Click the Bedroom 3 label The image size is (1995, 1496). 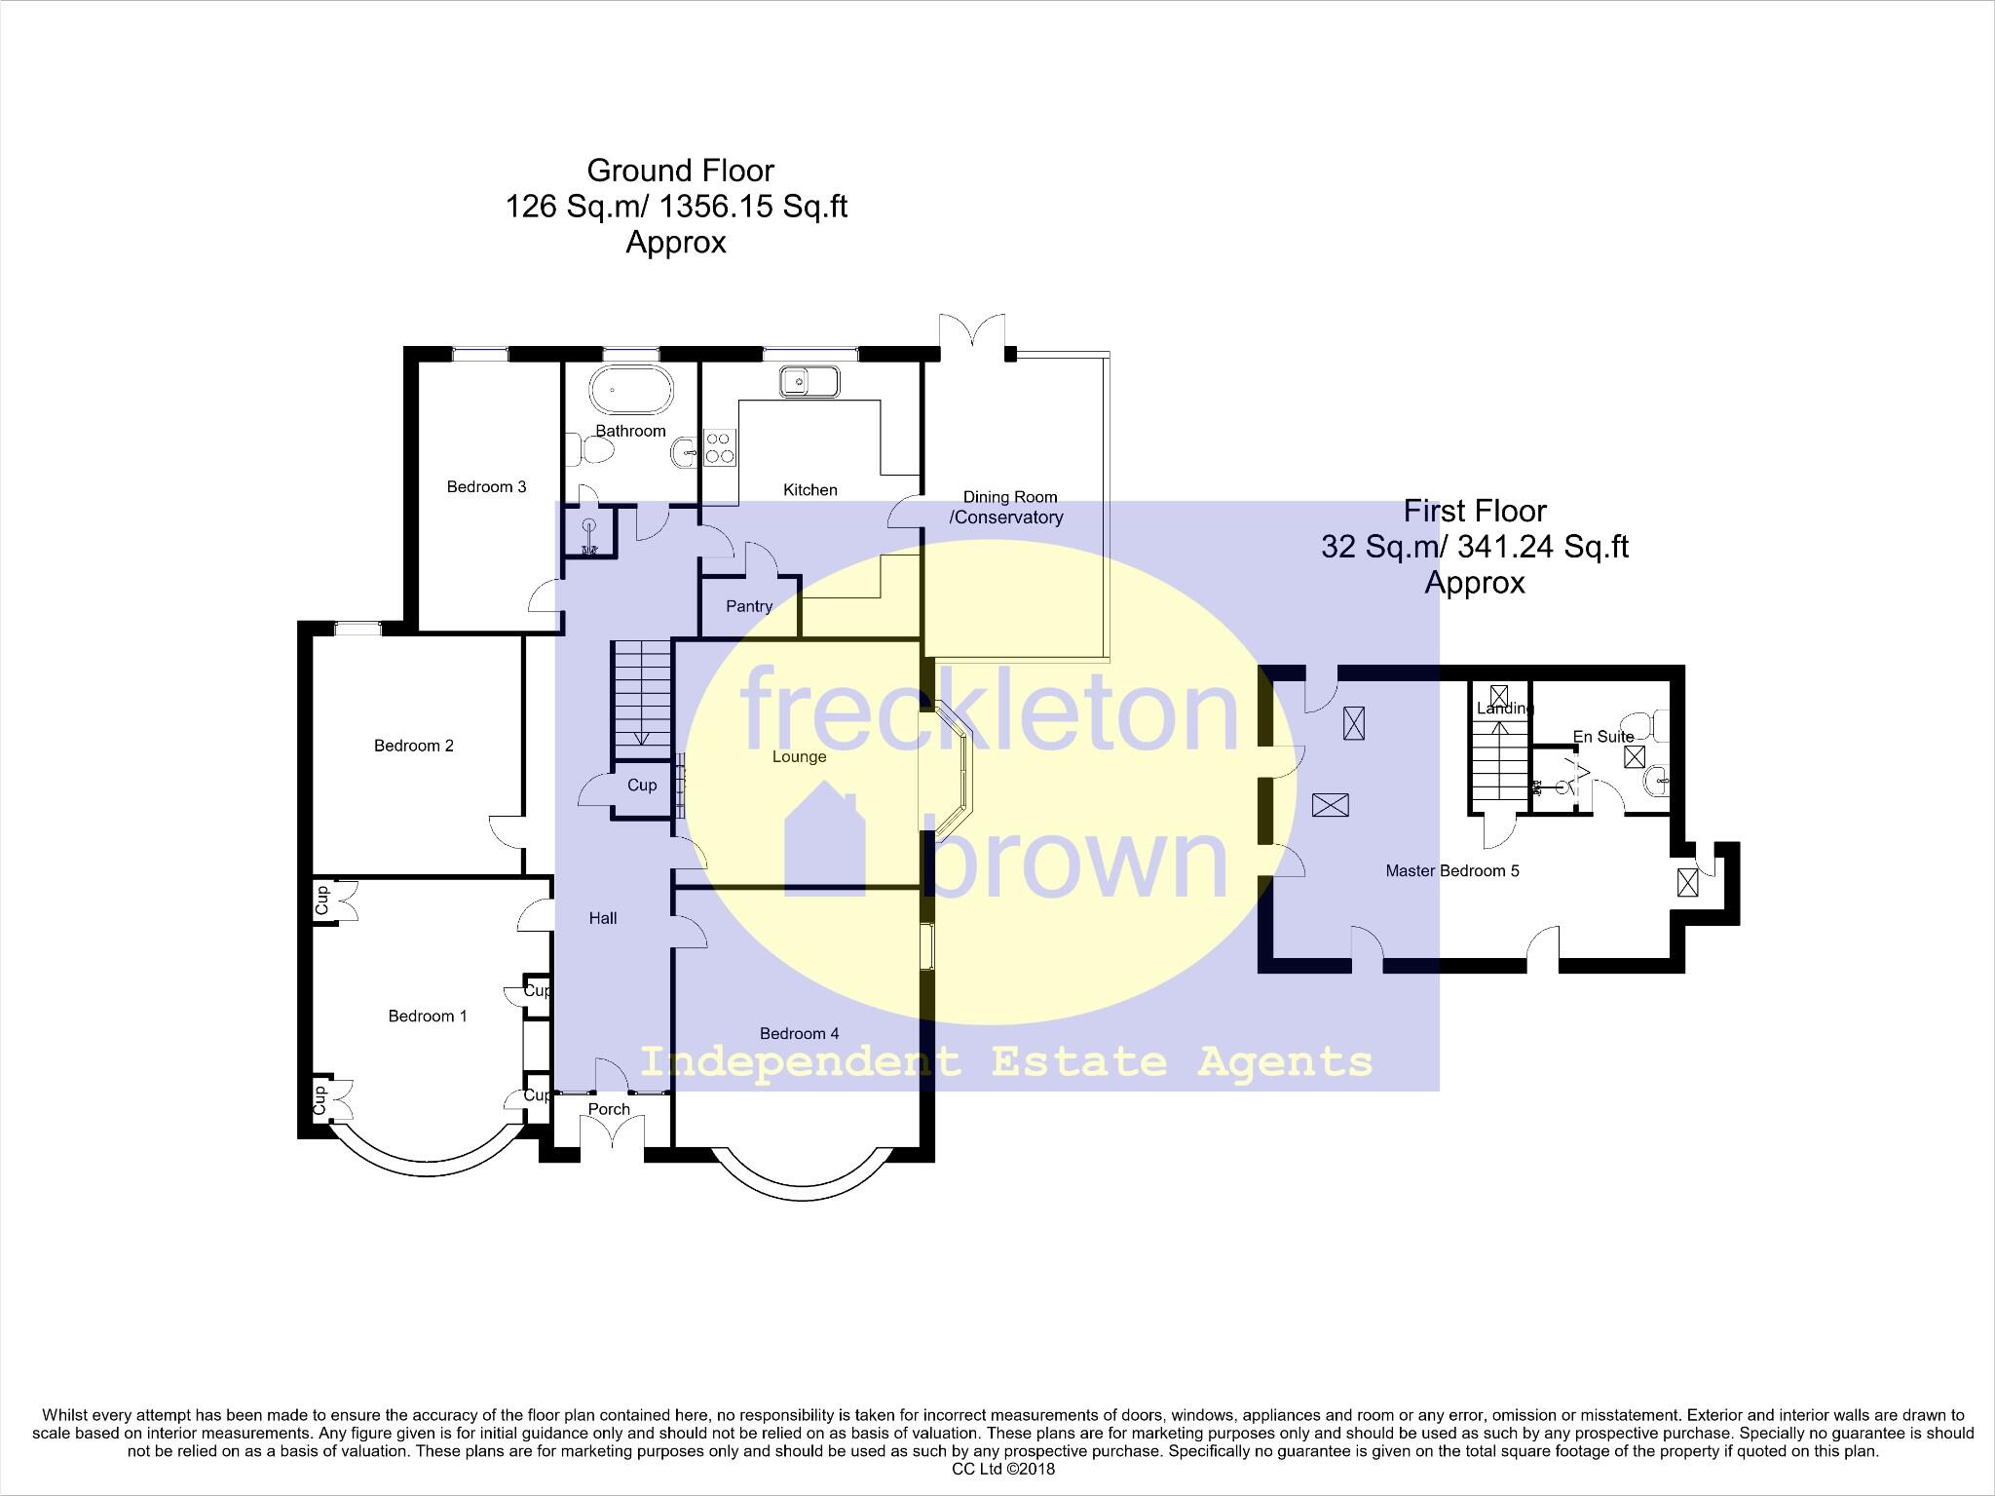[x=486, y=487]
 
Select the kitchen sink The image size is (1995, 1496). [x=809, y=381]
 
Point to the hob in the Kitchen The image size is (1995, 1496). [x=719, y=447]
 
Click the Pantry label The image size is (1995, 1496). [x=749, y=606]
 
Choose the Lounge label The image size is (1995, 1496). [x=799, y=757]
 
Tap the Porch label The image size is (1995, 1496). [x=609, y=1109]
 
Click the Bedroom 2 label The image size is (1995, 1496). [x=414, y=747]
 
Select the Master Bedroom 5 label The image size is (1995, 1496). [x=1452, y=871]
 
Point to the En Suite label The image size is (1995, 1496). [x=1603, y=737]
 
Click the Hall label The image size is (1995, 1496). [x=603, y=918]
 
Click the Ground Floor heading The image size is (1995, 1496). [x=680, y=171]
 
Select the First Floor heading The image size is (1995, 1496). [x=1475, y=511]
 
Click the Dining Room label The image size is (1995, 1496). [x=1009, y=497]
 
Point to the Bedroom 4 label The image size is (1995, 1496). [x=799, y=1034]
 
